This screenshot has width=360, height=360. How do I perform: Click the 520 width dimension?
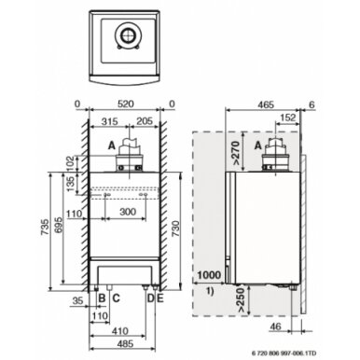pos(125,104)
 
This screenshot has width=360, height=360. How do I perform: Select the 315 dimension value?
pos(109,121)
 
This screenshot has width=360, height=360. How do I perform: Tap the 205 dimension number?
pos(144,121)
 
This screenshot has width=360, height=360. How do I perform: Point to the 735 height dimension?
pos(45,228)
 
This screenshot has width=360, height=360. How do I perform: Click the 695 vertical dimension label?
pos(58,227)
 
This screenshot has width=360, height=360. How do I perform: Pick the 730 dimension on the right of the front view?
pos(175,229)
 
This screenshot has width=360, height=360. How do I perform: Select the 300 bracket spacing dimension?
pos(128,212)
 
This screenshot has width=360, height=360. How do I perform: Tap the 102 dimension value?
pos(71,163)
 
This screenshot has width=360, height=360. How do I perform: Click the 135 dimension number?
pos(71,184)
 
